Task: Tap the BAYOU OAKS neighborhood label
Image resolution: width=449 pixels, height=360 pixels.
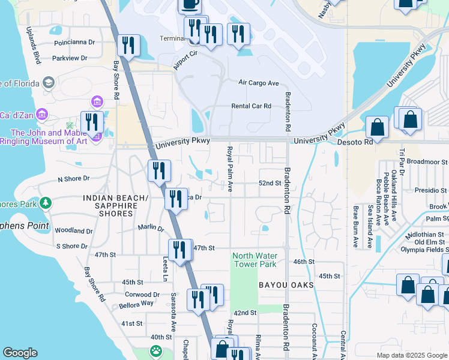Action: coord(286,285)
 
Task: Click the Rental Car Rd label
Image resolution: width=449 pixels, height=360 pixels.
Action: coord(252,106)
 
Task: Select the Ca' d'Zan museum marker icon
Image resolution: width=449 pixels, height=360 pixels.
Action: coord(41,114)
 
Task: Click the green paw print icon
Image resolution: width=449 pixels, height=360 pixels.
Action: coord(156,350)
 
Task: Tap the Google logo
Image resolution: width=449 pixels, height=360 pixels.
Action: coord(20,353)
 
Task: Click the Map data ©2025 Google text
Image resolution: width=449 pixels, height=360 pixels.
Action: coord(411,355)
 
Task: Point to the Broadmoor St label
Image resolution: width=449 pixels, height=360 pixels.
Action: coord(427,162)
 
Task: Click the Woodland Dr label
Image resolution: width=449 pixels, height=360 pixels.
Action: coord(73,230)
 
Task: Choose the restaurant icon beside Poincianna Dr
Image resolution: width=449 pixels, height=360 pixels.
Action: coord(128,46)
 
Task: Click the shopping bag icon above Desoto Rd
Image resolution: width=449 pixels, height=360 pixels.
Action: coord(377,127)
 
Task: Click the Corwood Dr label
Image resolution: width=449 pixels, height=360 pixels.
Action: coord(142,295)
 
